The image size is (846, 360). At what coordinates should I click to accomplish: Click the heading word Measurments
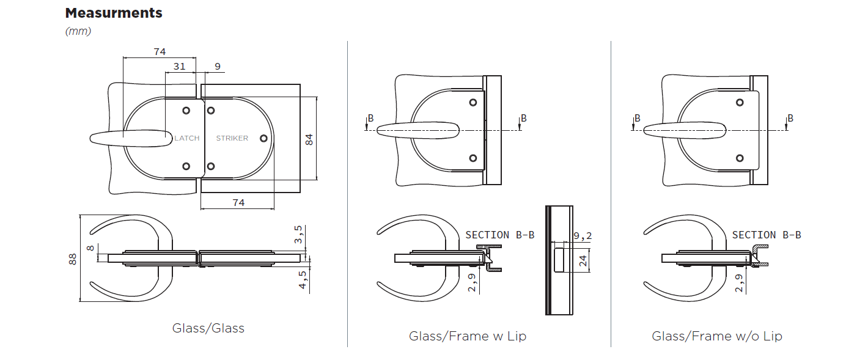(114, 13)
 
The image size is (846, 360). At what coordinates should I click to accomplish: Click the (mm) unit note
(78, 31)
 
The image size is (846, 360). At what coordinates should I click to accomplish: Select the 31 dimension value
(179, 67)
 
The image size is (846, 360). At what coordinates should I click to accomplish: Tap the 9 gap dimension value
(218, 67)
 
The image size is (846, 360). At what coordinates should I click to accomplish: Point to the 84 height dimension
(309, 139)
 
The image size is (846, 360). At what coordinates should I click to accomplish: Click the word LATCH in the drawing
(187, 138)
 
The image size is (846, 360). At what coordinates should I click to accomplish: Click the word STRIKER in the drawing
(232, 138)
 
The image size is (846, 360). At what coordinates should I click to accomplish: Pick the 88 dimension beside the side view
(73, 259)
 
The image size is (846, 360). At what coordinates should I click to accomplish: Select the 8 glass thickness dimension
(90, 248)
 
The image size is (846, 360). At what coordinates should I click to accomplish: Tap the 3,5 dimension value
(298, 235)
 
